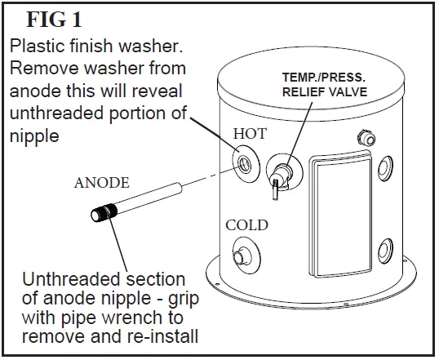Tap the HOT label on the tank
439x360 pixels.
click(x=251, y=134)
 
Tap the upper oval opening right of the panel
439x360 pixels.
click(x=381, y=169)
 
